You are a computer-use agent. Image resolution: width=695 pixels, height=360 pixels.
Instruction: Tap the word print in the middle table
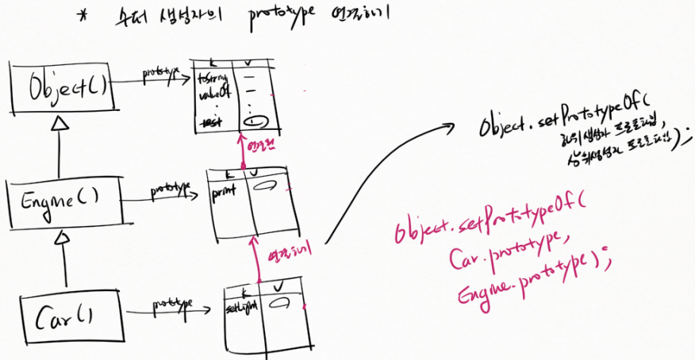pos(225,191)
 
